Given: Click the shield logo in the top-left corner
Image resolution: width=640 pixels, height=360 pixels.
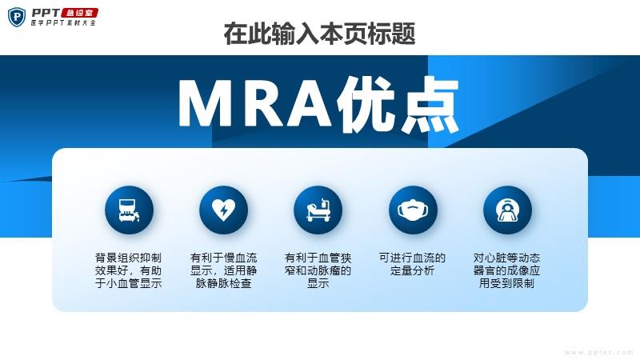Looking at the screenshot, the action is [x=16, y=17].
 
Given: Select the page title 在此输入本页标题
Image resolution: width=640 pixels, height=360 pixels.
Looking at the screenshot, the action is [x=319, y=34].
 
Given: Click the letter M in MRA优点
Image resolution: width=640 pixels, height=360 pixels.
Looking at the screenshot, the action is [x=207, y=104].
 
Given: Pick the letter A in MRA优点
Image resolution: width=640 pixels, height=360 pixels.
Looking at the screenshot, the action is [x=311, y=104].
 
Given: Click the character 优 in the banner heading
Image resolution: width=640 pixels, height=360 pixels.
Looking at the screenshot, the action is [x=366, y=105].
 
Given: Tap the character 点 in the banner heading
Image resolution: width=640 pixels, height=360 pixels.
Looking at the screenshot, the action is [x=430, y=105].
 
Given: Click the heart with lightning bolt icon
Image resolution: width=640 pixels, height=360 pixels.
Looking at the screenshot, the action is [x=224, y=210].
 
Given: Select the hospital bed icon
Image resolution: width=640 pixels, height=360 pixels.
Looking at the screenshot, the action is [x=318, y=210].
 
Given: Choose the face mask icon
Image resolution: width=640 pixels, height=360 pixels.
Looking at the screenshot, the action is [x=413, y=210].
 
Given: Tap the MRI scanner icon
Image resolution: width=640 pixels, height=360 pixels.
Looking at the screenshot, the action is [x=507, y=210].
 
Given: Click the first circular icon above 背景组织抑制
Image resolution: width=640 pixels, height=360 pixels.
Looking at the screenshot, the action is [x=129, y=210].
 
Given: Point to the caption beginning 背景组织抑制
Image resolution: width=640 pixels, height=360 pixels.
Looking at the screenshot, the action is [x=129, y=270].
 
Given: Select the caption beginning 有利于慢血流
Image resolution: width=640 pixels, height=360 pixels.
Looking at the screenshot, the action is [x=224, y=270].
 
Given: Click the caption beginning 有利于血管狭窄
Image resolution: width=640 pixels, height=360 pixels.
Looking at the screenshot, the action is [x=318, y=270].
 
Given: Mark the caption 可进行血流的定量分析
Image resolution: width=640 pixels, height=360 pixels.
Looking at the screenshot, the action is [x=412, y=264].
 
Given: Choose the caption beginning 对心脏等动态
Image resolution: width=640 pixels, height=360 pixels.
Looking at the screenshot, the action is [x=507, y=270].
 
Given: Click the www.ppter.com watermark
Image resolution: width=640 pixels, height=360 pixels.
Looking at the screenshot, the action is [x=598, y=352].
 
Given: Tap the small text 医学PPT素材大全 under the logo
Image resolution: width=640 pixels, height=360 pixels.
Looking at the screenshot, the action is [x=64, y=23].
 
